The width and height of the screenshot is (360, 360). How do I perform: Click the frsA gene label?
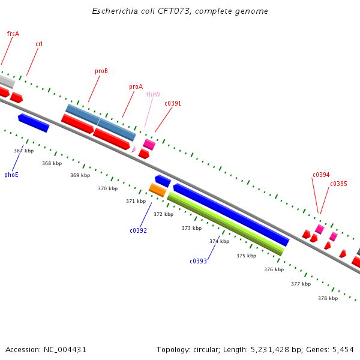[13, 34]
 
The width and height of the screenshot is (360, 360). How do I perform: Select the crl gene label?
[39, 44]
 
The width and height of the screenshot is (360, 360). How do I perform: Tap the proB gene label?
[101, 71]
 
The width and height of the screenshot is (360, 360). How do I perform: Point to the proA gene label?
[136, 86]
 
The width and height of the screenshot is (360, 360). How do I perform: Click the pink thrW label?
[153, 94]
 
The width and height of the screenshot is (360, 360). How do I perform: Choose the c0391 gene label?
[173, 103]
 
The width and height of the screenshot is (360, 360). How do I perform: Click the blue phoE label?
[11, 175]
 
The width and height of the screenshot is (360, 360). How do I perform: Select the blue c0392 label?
[138, 230]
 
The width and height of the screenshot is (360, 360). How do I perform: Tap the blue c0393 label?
[198, 261]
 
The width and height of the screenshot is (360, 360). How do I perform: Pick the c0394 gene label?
[321, 175]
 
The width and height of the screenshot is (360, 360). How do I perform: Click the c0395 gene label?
[338, 184]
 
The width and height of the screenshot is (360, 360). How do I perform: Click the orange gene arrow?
[157, 190]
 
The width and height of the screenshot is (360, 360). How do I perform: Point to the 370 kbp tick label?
[108, 188]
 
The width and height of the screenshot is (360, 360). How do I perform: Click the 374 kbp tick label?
[219, 241]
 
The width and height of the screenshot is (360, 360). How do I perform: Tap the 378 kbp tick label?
[328, 298]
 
